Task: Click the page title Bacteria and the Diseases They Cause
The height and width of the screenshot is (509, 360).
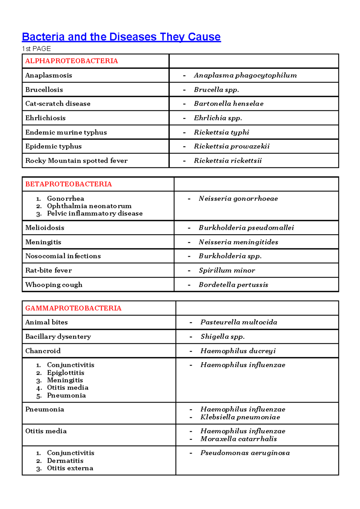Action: coord(121,37)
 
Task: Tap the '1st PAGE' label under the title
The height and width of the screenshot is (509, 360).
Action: coord(36,49)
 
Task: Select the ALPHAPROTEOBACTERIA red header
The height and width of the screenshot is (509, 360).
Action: coord(71,61)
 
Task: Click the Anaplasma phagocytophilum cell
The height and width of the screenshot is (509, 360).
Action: coord(245,75)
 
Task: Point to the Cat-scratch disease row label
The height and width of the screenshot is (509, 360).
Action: coord(58,104)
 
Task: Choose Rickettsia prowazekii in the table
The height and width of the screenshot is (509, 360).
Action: coord(232,146)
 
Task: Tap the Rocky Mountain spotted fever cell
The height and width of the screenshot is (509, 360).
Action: coord(76,161)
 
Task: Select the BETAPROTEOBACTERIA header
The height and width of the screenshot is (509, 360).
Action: coord(68,184)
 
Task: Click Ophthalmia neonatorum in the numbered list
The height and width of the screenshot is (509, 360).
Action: coord(89,206)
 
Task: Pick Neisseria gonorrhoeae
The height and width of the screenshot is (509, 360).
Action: coord(238,198)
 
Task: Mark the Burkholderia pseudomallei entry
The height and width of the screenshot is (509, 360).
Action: coord(246,227)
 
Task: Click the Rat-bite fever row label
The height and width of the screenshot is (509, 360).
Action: coord(48,270)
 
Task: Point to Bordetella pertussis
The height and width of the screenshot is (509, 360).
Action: coord(233,285)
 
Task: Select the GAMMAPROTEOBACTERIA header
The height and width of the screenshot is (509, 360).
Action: coord(73,308)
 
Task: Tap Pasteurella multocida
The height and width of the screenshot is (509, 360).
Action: coord(239,322)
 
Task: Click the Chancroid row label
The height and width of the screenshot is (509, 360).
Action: coord(43,351)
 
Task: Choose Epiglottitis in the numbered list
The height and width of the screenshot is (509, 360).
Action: coord(65,372)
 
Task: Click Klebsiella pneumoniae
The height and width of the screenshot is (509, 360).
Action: coord(240,417)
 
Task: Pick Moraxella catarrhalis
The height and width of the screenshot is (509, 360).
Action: coord(238,439)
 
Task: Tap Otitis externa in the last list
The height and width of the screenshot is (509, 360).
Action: coord(70,468)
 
